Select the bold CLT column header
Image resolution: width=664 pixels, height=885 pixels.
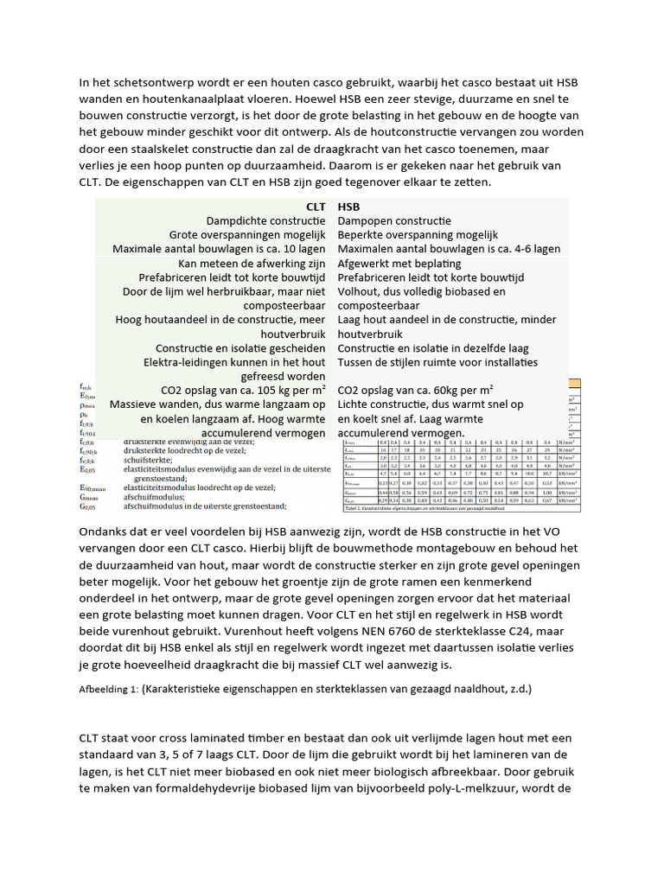point(316,207)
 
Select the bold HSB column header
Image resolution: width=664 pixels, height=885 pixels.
point(348,207)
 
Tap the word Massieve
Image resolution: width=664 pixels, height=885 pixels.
point(137,404)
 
